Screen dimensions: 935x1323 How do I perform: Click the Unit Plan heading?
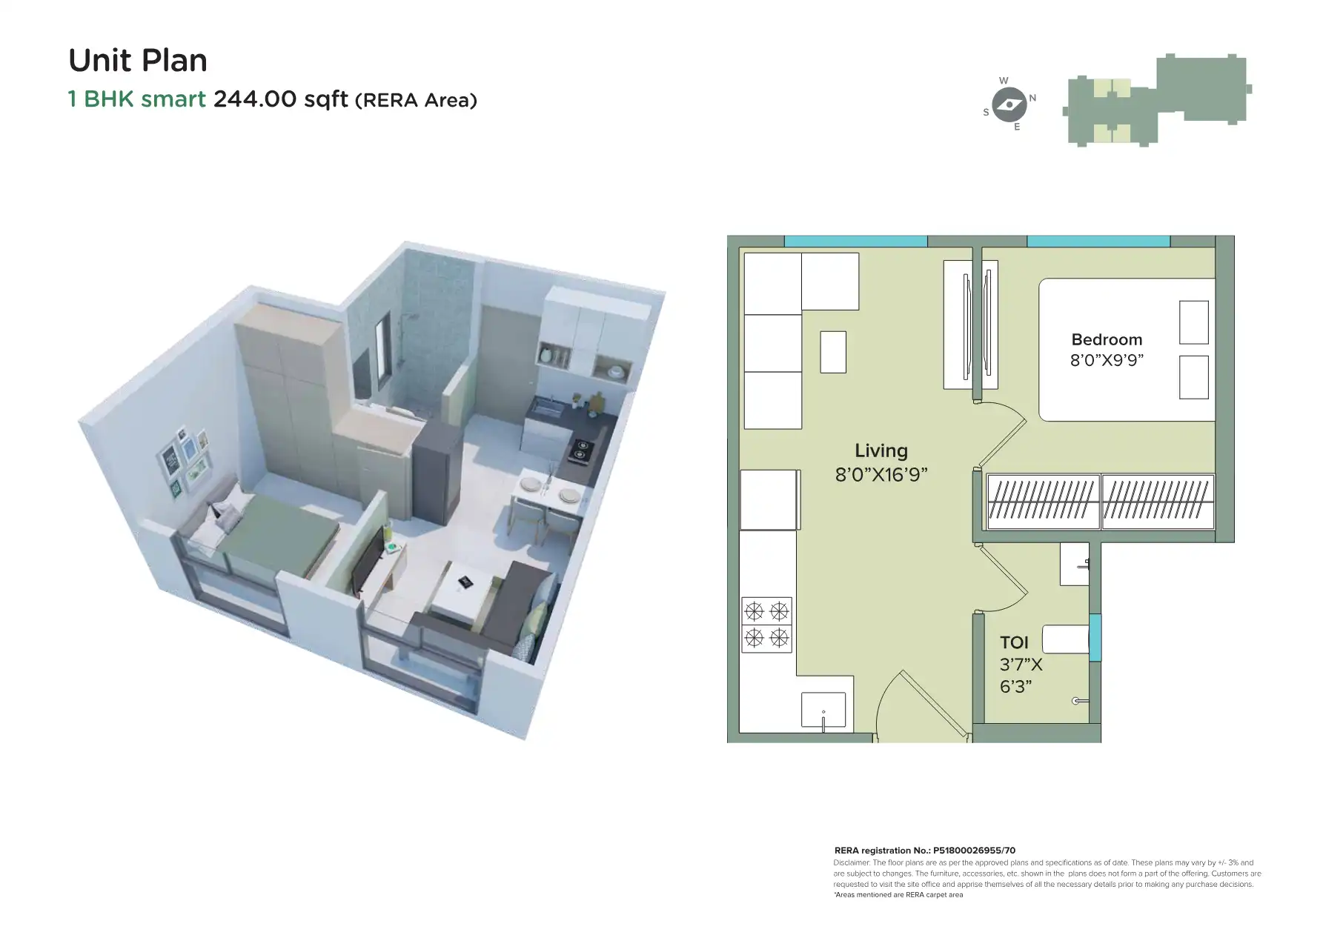point(138,61)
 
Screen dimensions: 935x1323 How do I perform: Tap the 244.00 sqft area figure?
point(280,99)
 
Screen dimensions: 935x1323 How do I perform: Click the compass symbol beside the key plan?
point(1009,104)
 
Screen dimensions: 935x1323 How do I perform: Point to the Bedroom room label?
point(1107,339)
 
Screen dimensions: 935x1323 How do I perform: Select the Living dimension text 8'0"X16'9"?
point(881,474)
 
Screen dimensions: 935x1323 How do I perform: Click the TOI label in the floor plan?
point(1014,642)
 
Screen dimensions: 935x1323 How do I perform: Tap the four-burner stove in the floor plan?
point(766,625)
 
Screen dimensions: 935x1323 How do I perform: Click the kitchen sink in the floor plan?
point(823,711)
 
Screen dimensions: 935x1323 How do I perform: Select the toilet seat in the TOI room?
point(1065,639)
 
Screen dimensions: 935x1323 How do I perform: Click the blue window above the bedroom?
point(1098,242)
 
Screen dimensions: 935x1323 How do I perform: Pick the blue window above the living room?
point(855,242)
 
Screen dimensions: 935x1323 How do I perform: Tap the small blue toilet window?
point(1095,637)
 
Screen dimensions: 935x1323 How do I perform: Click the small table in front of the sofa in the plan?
point(833,352)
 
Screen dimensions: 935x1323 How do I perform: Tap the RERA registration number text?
point(924,851)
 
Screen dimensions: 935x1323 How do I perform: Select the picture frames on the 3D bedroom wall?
point(184,459)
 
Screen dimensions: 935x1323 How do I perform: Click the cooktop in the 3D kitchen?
point(580,448)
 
